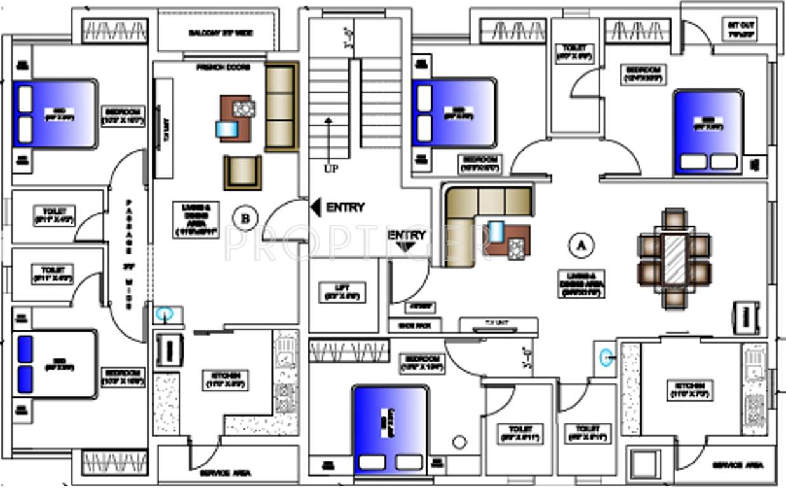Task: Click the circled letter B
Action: [x=245, y=219]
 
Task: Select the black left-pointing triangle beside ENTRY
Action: [x=316, y=207]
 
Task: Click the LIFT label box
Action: [x=342, y=292]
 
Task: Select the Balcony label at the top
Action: [x=220, y=33]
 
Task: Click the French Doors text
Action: [x=223, y=67]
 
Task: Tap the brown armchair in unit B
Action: [x=242, y=172]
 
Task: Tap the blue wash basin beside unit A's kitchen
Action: [x=606, y=358]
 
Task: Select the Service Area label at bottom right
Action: [x=737, y=465]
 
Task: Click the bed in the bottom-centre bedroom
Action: [x=390, y=429]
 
